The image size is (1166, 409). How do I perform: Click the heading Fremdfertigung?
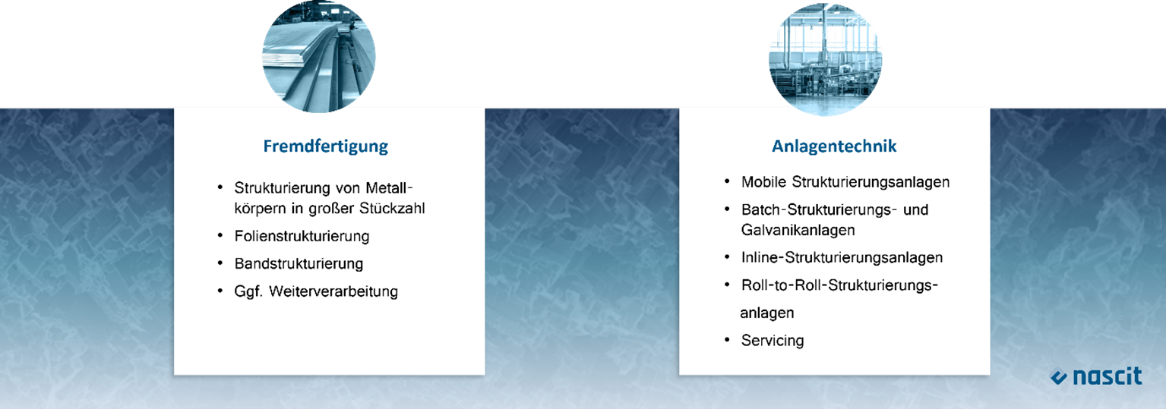tap(325, 146)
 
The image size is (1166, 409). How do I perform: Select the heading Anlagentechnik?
tap(834, 146)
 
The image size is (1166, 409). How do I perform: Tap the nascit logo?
tap(1095, 376)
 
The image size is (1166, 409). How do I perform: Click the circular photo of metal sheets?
tap(318, 56)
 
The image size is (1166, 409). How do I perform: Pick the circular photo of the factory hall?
tap(826, 58)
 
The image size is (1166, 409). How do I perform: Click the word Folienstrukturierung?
tap(302, 237)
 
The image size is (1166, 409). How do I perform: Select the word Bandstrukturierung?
tap(299, 264)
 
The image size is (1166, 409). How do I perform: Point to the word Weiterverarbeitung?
tap(333, 291)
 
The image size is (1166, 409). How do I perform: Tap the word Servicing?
tap(773, 341)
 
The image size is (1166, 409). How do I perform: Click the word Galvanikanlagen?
tap(798, 230)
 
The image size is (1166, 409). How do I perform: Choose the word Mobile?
tap(763, 182)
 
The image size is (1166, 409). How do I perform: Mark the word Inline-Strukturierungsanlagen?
tap(842, 258)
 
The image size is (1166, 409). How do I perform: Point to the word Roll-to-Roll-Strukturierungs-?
tap(839, 285)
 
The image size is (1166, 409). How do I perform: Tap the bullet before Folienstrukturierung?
tap(220, 236)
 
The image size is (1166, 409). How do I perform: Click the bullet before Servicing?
tap(727, 340)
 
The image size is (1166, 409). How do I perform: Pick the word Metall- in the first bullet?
tap(389, 187)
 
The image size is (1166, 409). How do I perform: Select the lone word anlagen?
tap(767, 313)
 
